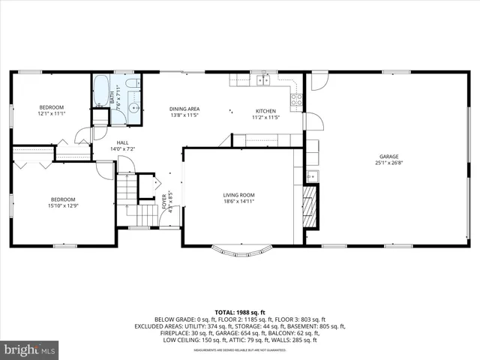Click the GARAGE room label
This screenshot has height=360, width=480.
[x=388, y=157]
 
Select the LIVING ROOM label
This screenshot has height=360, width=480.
[x=238, y=194]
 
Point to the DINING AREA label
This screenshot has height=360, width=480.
[x=184, y=109]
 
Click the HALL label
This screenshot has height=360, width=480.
[x=122, y=142]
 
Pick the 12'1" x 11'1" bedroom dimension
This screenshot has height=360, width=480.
[x=52, y=114]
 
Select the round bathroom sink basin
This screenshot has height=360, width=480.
[x=133, y=106]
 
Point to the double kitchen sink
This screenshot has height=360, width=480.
[x=262, y=79]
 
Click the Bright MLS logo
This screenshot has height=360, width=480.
[x=30, y=349]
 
